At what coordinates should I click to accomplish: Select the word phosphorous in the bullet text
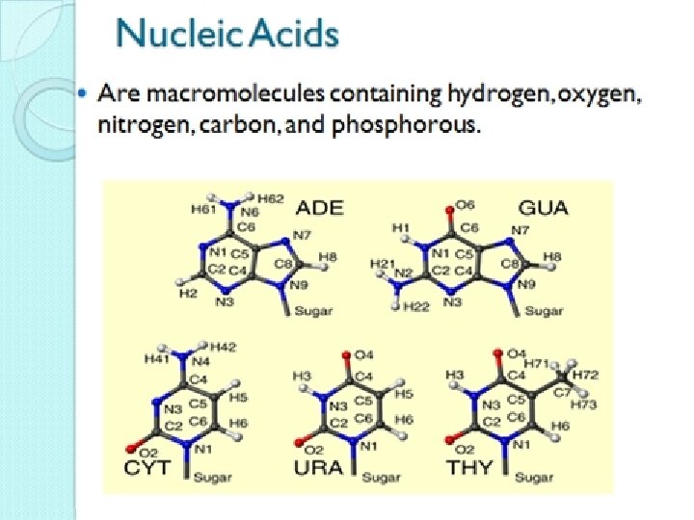[x=423, y=125]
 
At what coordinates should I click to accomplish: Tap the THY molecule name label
[x=470, y=470]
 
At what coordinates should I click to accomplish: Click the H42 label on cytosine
[x=224, y=346]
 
